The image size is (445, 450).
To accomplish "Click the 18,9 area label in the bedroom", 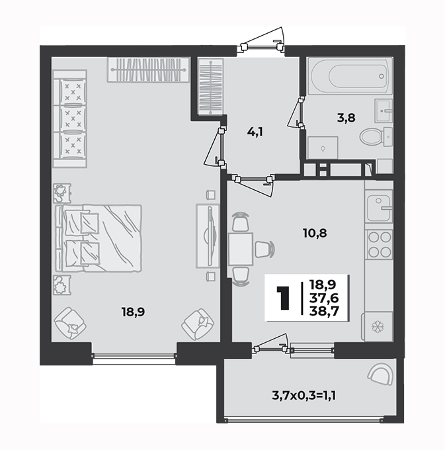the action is point(133,312).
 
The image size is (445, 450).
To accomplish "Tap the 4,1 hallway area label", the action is point(255,132).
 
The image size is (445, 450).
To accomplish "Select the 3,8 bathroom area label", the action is point(346,118).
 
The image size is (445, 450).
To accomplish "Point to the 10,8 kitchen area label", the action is point(315,234).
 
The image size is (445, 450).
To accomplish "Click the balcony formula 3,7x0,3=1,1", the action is point(304,396).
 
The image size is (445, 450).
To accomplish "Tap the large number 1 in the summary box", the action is point(283,298).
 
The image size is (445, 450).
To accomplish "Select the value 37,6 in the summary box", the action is point(324,298).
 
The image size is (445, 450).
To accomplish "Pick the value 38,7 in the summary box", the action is point(324,311).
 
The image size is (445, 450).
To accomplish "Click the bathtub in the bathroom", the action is point(350,76).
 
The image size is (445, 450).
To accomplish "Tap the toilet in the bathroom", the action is point(376,136).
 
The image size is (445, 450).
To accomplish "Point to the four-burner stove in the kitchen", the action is point(380,244).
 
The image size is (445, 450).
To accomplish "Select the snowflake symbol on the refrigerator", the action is point(378,327).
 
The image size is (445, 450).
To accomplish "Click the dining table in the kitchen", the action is point(241,249).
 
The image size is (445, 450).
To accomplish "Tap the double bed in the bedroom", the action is point(98,238).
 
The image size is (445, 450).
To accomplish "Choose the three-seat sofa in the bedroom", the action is point(69,118).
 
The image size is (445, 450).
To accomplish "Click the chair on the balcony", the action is point(380,374).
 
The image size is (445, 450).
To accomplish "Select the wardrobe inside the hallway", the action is point(211,87).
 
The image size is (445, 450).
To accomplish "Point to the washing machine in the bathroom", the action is point(323,148).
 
